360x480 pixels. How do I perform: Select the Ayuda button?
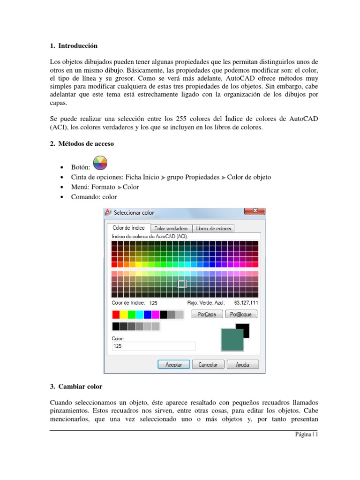click(x=242, y=364)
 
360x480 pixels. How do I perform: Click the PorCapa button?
click(x=204, y=314)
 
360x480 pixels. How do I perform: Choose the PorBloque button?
click(x=241, y=314)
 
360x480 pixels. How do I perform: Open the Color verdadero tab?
click(x=171, y=228)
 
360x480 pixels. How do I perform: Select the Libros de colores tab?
click(x=213, y=228)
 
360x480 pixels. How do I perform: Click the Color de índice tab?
click(x=129, y=228)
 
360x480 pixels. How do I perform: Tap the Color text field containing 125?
click(x=153, y=346)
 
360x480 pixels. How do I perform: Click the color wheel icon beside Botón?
click(x=100, y=164)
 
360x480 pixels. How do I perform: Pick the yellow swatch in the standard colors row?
click(x=124, y=314)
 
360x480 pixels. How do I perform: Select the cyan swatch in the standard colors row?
click(x=140, y=314)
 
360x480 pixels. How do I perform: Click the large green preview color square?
click(x=232, y=339)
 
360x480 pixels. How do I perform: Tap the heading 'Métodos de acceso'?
click(x=85, y=144)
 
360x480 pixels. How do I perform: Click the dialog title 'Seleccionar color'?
click(x=135, y=212)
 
